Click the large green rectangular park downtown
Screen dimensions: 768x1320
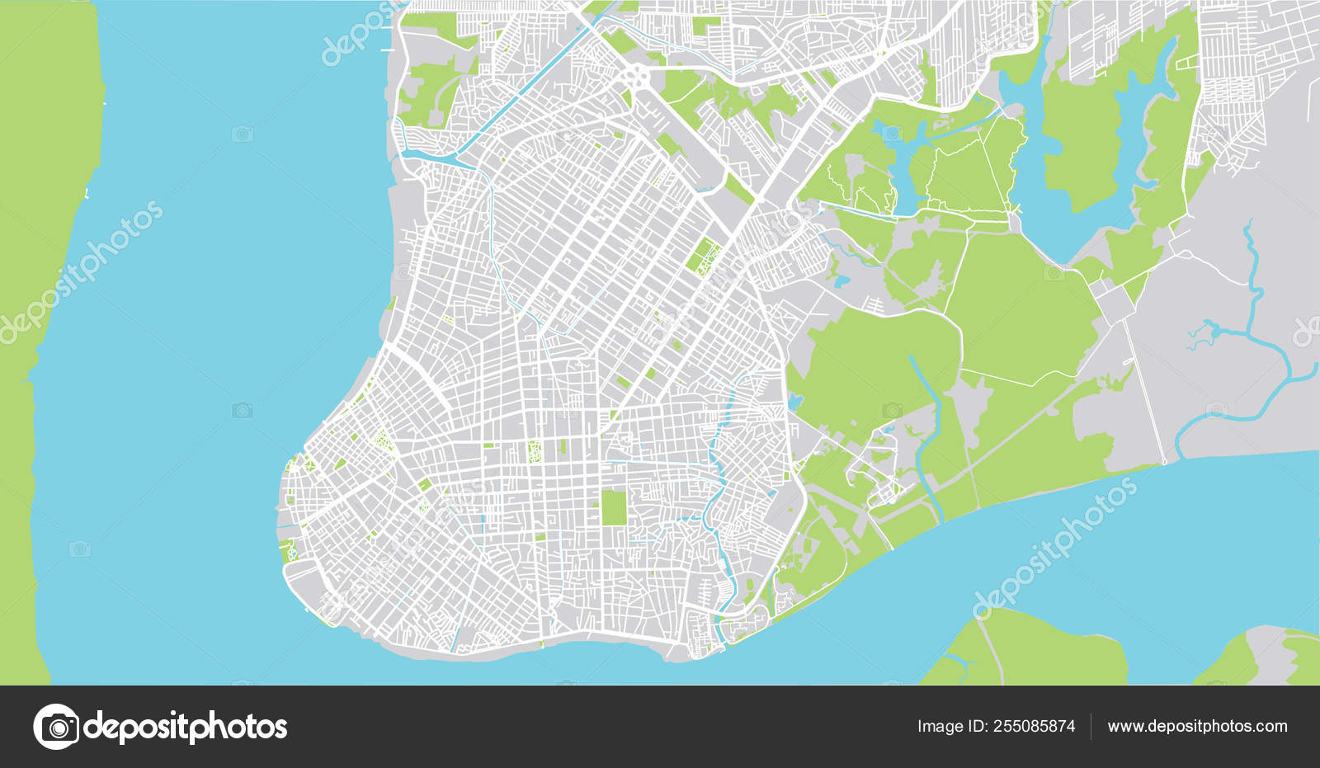[613, 507]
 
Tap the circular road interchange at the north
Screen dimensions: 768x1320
[636, 78]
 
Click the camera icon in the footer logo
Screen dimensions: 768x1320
[57, 727]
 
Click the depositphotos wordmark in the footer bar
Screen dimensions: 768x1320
[186, 728]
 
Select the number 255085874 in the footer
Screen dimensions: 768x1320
[1034, 727]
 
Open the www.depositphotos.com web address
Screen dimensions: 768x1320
[1197, 727]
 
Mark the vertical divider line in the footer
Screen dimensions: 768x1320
[1091, 727]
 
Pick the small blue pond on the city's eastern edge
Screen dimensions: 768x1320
[794, 403]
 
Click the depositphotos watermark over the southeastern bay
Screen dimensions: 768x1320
[1056, 549]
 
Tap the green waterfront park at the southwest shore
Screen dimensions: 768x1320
[286, 551]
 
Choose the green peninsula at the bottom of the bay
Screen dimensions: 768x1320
[1031, 652]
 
